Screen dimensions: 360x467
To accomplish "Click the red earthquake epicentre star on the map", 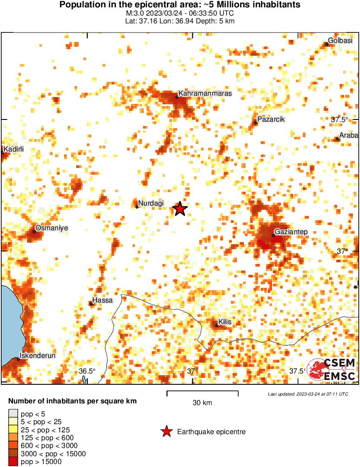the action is point(180,209).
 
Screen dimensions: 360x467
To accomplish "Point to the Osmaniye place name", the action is point(52,228).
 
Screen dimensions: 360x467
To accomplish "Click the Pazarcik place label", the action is point(271,119).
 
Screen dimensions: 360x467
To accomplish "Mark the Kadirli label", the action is point(13,149).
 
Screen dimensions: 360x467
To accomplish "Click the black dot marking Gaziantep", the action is point(273,235).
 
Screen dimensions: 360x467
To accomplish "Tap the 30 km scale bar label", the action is point(202,403).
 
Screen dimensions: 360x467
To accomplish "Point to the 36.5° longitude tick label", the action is point(87,371).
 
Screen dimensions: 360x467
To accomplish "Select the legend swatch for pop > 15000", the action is point(13,462).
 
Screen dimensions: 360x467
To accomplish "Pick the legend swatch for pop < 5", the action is point(13,413).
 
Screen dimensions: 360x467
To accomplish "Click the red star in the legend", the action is point(166,431).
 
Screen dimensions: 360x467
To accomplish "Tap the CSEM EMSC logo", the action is point(331,370).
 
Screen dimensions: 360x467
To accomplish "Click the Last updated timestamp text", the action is point(308,394).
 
